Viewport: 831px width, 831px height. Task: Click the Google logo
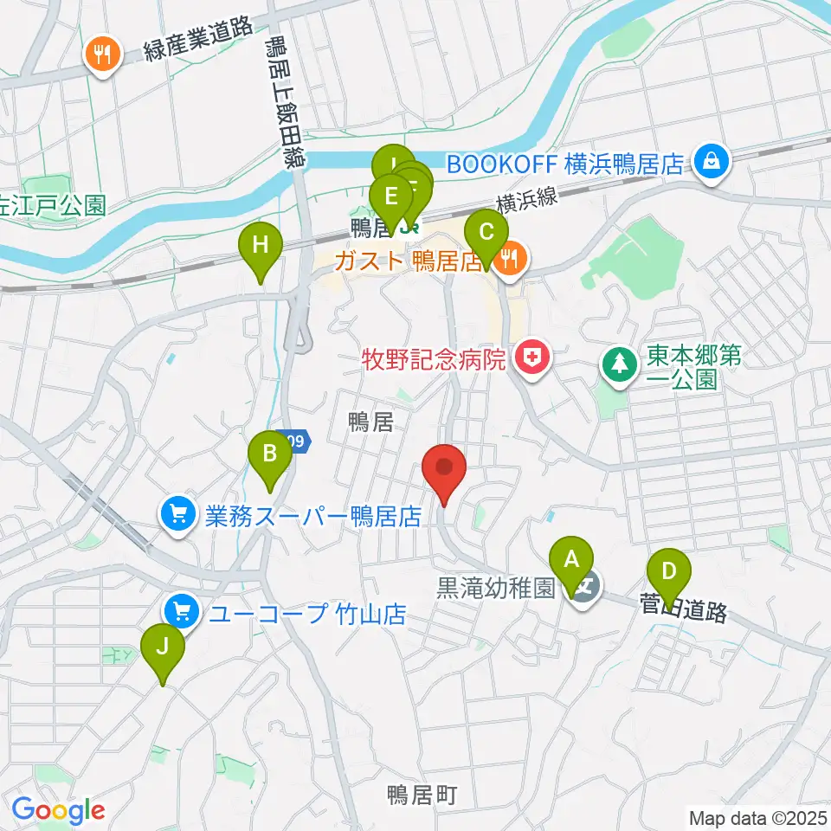click(59, 811)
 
